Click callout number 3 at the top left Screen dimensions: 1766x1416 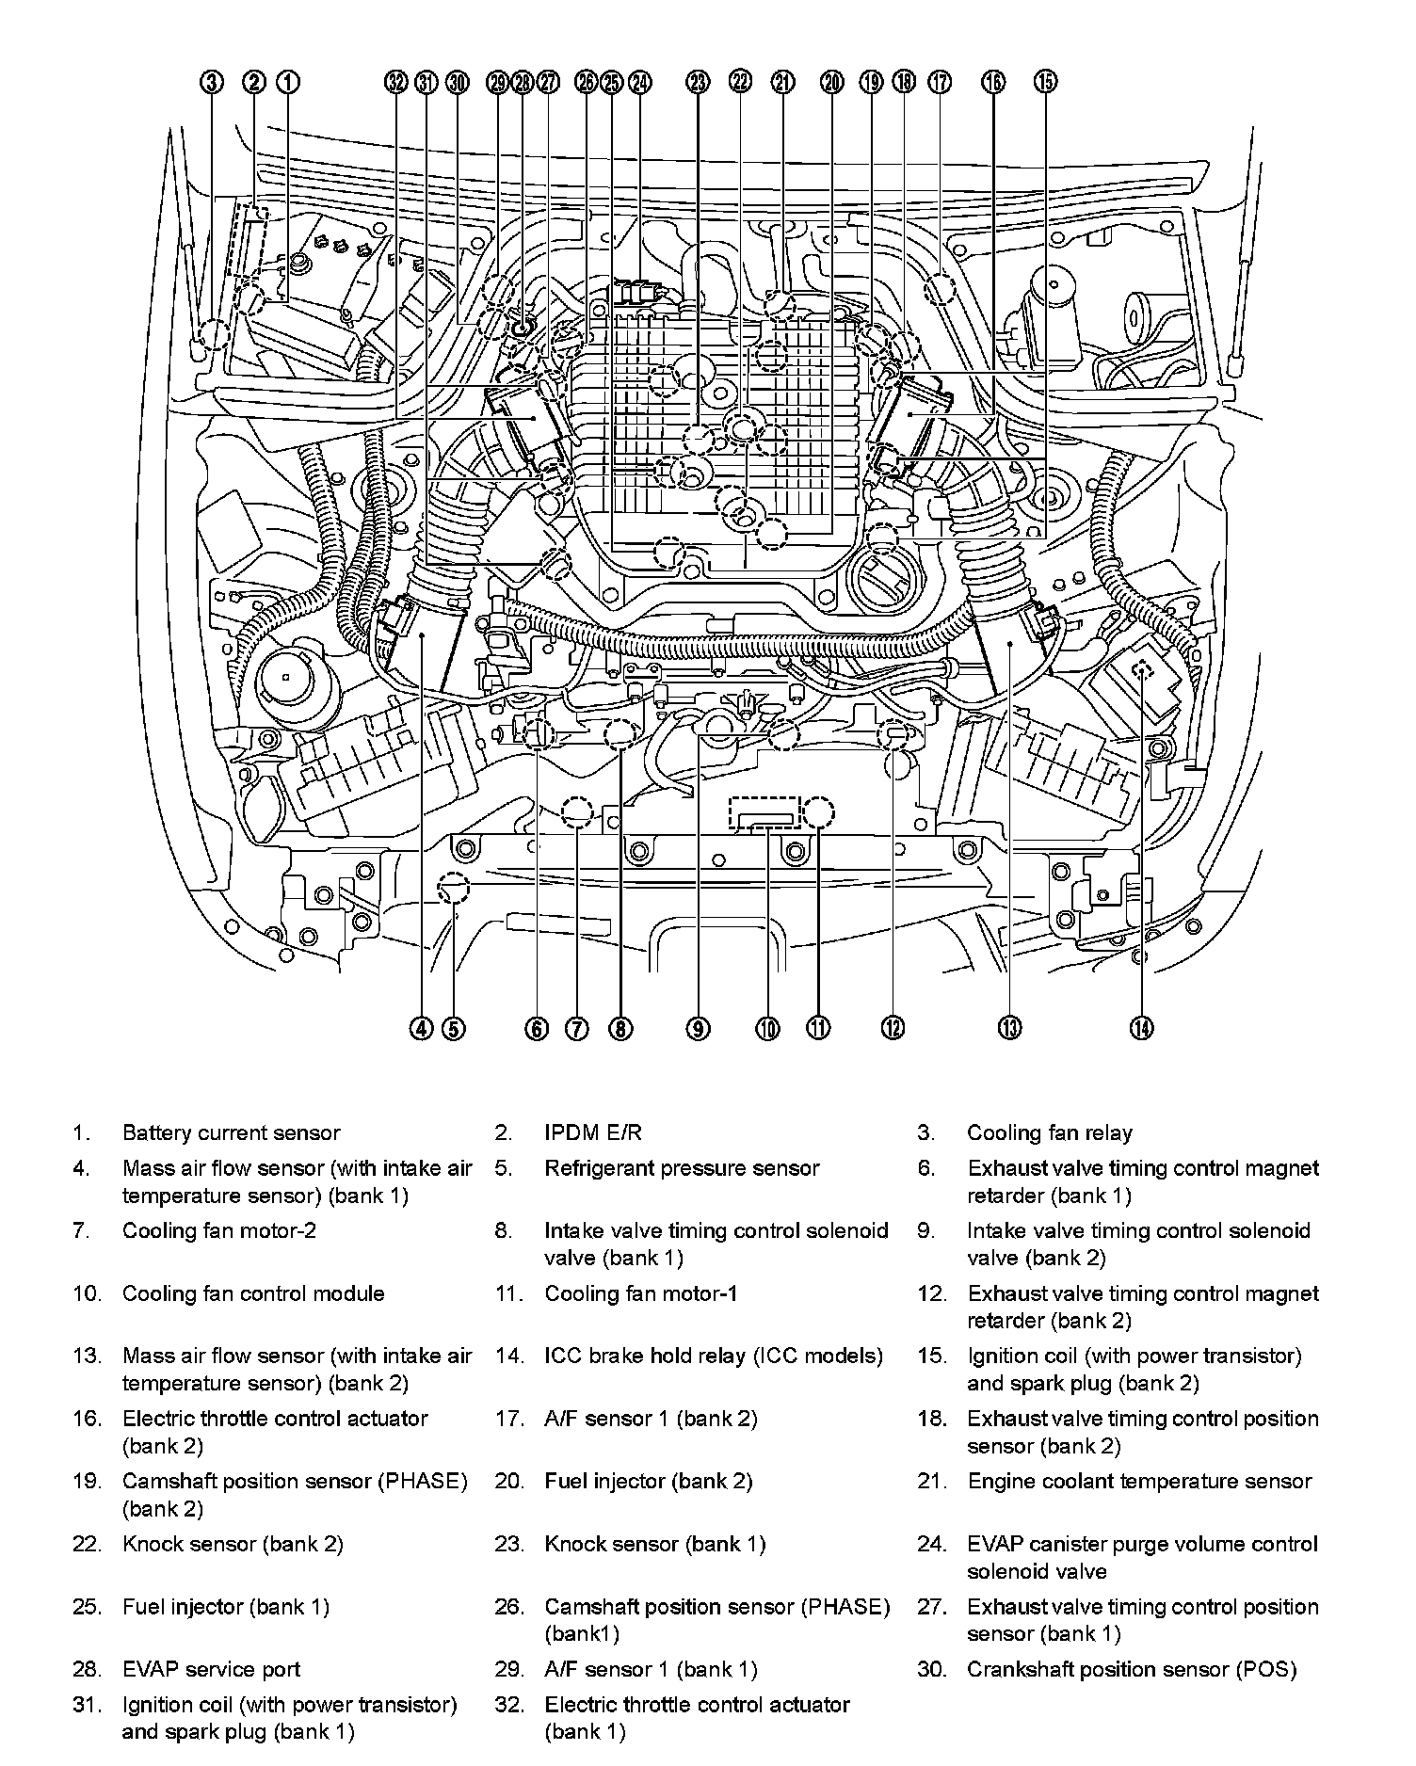point(213,83)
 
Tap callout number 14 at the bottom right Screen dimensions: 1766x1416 point(1141,1029)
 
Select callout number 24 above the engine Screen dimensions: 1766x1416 point(639,83)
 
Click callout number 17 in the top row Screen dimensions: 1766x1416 point(940,83)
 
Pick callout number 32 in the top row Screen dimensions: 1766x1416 point(396,83)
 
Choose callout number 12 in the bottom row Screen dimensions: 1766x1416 point(893,1029)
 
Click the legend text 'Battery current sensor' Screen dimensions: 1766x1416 point(231,1133)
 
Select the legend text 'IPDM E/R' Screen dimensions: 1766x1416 point(593,1133)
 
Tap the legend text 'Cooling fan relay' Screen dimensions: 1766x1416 point(1049,1133)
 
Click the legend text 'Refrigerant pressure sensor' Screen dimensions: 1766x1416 point(682,1168)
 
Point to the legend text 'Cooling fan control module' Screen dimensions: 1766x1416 point(253,1293)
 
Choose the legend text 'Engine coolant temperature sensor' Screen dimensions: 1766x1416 point(1139,1482)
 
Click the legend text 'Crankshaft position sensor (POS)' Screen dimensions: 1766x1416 point(1132,1670)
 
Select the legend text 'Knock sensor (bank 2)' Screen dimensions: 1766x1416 point(233,1545)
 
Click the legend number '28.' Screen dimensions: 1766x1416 point(86,1670)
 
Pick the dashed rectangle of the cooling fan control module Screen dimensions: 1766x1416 point(764,811)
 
